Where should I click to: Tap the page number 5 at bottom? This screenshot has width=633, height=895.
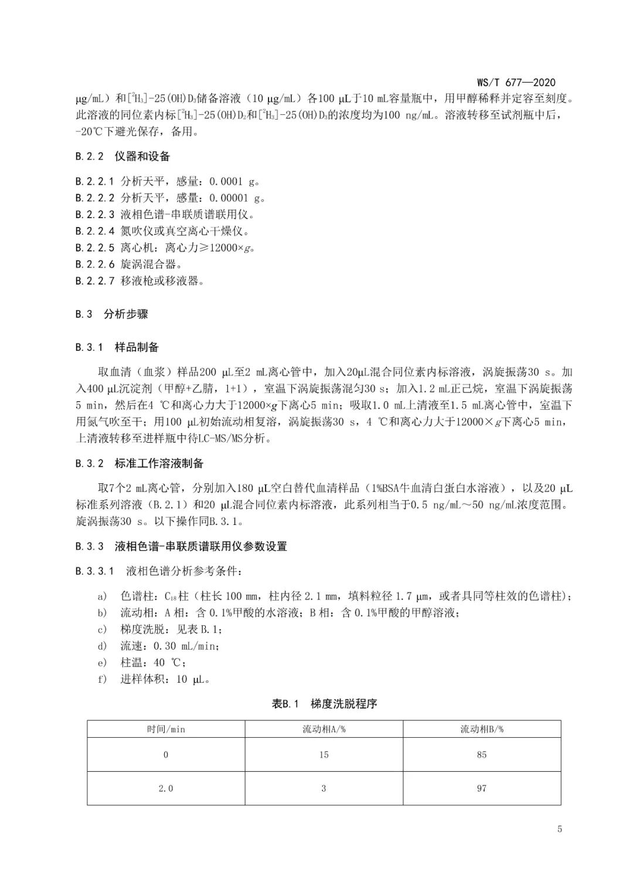[x=560, y=829]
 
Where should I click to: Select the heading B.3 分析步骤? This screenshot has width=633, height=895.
[x=111, y=314]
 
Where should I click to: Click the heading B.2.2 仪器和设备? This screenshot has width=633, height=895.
[x=122, y=156]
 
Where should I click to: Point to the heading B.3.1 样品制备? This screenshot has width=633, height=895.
[x=117, y=347]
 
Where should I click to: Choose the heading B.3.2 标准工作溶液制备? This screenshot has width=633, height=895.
[x=139, y=463]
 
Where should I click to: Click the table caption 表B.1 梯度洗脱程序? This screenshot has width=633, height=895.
[x=324, y=703]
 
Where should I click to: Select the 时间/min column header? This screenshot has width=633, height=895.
[x=166, y=729]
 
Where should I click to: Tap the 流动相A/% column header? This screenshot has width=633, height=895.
[x=324, y=729]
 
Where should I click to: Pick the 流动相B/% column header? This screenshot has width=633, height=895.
[x=482, y=729]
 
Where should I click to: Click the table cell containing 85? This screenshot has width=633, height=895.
[x=482, y=755]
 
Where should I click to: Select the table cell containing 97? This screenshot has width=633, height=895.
[x=482, y=788]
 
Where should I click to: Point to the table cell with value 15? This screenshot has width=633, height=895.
[x=324, y=755]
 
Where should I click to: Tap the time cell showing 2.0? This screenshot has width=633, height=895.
[x=166, y=788]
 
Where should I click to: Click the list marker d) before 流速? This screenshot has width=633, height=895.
[x=103, y=646]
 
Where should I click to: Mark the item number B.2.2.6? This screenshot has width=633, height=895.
[x=95, y=264]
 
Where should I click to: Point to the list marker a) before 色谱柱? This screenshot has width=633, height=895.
[x=103, y=596]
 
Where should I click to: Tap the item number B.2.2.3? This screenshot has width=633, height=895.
[x=95, y=215]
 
